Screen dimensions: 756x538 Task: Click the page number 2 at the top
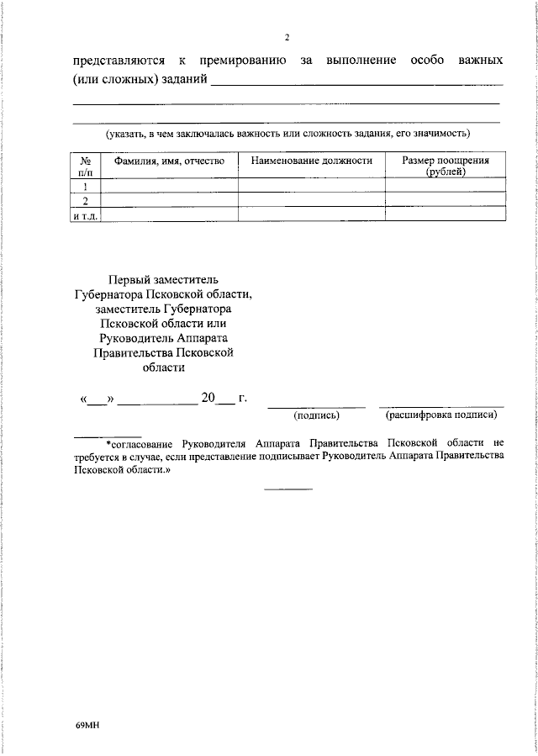[287, 39]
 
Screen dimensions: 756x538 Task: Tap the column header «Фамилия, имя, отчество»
[169, 161]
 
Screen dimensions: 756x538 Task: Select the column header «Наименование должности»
[311, 161]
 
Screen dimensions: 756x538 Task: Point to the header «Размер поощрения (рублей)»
[446, 166]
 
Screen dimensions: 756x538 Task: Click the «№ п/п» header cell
[85, 166]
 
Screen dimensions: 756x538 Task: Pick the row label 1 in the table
[85, 186]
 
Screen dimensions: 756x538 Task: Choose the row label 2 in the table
[85, 200]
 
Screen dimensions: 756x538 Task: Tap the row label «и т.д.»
[85, 214]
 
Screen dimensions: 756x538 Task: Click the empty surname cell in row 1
[169, 186]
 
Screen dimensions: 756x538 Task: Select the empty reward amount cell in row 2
[446, 200]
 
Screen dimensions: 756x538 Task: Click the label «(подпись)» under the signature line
[316, 415]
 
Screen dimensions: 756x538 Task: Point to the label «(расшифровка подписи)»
[441, 415]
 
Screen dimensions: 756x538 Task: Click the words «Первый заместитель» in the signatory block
[163, 280]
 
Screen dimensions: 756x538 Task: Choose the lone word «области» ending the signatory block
[163, 367]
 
